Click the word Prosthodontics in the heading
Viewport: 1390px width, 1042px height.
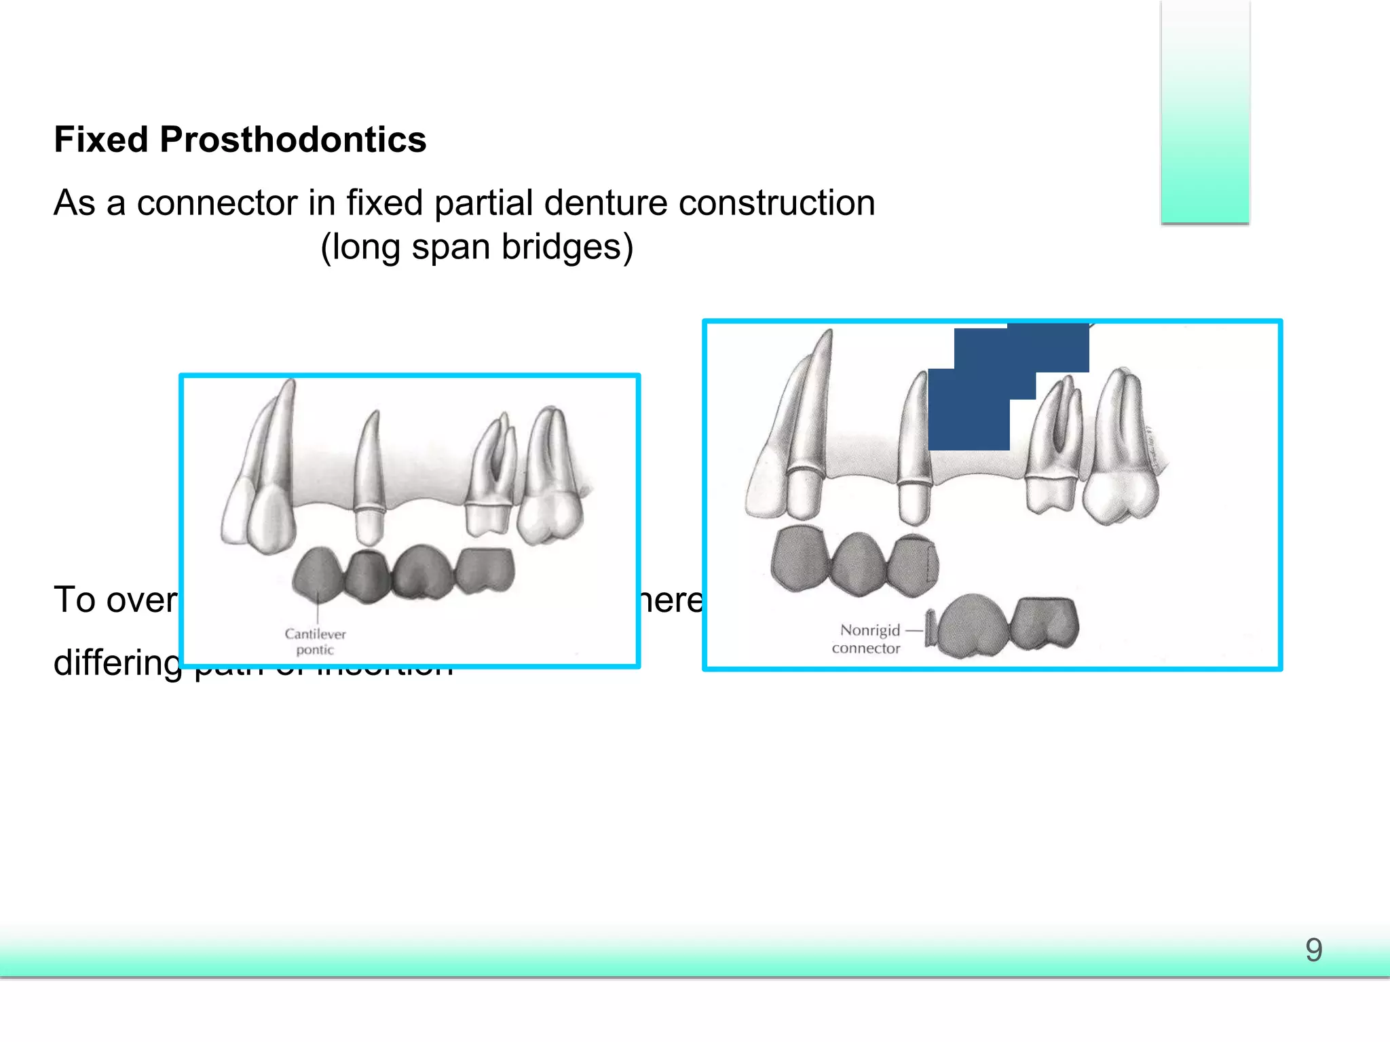click(x=293, y=140)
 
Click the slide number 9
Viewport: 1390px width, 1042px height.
click(x=1313, y=950)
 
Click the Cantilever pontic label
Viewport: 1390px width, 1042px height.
click(x=315, y=641)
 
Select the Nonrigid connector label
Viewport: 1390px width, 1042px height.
click(x=867, y=639)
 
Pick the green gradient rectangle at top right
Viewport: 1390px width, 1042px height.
click(x=1205, y=112)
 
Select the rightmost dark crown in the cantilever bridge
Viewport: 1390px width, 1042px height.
click(x=485, y=570)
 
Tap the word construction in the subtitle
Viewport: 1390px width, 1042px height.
click(x=776, y=203)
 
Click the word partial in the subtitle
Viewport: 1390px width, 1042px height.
click(x=483, y=203)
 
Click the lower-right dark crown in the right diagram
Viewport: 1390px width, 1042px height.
click(x=1045, y=622)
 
